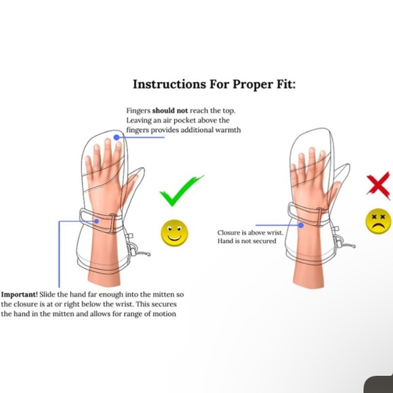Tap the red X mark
(379, 186)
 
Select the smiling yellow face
(174, 233)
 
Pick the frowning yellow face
(378, 221)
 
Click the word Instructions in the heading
(169, 84)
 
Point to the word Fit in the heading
(286, 84)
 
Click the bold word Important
(19, 295)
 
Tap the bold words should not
(169, 110)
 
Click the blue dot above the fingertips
(117, 138)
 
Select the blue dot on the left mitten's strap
(96, 221)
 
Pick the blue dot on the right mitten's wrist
(301, 225)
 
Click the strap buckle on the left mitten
(112, 223)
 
